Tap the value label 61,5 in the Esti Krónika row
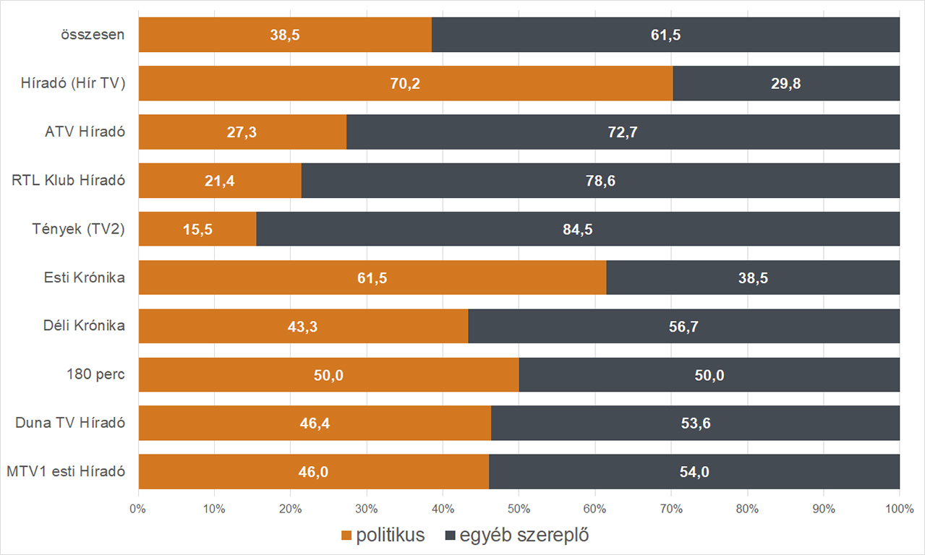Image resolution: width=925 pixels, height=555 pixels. [x=372, y=278]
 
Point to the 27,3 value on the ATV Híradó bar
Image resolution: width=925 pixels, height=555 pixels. [x=242, y=132]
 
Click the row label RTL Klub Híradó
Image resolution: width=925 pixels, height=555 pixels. [x=69, y=180]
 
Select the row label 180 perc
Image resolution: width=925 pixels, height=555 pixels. [x=95, y=374]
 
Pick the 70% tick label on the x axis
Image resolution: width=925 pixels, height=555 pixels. [x=670, y=509]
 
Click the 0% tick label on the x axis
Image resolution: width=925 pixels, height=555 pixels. [x=138, y=509]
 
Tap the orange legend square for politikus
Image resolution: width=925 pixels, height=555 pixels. [x=347, y=535]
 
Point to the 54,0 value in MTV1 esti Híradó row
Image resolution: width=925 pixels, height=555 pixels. [x=694, y=472]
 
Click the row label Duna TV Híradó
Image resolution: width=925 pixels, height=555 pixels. [x=70, y=423]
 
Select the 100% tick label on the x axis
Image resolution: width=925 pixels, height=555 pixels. [x=899, y=509]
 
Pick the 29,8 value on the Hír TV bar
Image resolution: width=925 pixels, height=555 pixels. [x=785, y=84]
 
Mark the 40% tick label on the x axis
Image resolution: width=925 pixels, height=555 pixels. [x=443, y=509]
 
